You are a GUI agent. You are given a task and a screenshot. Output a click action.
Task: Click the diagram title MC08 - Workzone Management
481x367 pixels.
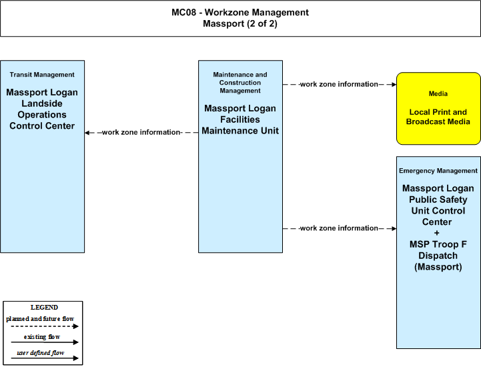(240, 12)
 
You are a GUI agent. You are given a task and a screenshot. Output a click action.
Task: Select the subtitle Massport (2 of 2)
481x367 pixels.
(240, 23)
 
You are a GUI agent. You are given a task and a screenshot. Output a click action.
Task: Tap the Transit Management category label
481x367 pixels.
(42, 75)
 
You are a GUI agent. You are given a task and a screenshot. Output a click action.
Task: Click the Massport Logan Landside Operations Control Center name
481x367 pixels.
(42, 109)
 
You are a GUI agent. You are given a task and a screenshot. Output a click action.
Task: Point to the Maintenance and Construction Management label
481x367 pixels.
(240, 83)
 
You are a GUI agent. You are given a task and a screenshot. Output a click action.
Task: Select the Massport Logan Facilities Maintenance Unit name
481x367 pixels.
(240, 119)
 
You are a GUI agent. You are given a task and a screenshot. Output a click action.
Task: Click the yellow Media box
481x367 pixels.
(438, 109)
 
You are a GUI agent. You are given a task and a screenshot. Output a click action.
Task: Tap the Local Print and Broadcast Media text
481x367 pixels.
(438, 117)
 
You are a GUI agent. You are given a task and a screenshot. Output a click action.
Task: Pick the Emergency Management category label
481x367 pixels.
(438, 171)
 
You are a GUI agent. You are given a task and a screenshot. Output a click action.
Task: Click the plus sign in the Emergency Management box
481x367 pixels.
(437, 233)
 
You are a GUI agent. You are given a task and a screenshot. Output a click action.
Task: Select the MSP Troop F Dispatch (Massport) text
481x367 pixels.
(438, 256)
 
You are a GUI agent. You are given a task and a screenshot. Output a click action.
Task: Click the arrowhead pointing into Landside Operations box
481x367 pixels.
(87, 133)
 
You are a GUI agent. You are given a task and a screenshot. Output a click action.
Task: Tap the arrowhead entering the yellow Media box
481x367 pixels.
(394, 84)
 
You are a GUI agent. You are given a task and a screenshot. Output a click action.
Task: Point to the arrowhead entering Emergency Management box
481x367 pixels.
(394, 228)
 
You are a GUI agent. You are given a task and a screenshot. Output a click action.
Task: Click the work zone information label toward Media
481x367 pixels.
(339, 84)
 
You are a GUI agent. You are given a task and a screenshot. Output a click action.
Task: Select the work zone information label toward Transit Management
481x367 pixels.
(141, 132)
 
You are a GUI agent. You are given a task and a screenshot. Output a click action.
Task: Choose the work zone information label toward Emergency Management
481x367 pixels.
(339, 228)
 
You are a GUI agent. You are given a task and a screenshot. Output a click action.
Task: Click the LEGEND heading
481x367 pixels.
(44, 307)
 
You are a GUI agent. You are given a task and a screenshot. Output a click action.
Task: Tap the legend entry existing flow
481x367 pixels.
(42, 336)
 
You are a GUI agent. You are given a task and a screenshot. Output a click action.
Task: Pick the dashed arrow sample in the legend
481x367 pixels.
(45, 326)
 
